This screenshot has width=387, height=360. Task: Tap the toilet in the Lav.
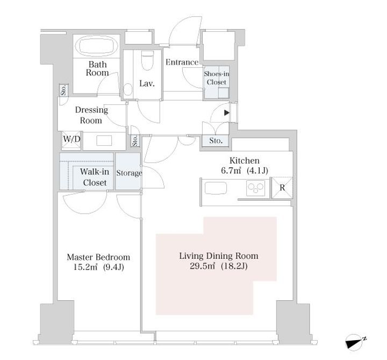click(148, 60)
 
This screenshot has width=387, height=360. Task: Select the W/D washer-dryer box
click(71, 140)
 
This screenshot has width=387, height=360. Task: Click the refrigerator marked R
click(282, 188)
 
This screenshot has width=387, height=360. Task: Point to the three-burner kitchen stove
click(255, 188)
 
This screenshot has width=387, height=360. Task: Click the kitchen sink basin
click(216, 188)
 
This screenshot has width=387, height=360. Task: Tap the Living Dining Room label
click(219, 256)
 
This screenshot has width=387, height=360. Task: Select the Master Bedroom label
click(98, 257)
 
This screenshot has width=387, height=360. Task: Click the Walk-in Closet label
click(95, 177)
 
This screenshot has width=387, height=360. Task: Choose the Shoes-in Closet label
click(217, 78)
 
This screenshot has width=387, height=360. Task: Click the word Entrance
click(182, 62)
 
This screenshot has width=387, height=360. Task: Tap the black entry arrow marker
click(227, 113)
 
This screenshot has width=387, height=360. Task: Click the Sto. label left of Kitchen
click(216, 141)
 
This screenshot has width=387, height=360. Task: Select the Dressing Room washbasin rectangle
click(104, 140)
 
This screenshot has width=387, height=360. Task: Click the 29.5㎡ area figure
click(203, 266)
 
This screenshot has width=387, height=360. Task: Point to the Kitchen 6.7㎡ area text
click(231, 171)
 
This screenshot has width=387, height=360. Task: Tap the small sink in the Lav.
click(128, 89)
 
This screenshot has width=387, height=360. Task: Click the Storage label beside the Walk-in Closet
click(129, 173)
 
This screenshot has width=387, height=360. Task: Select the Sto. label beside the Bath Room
click(63, 90)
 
